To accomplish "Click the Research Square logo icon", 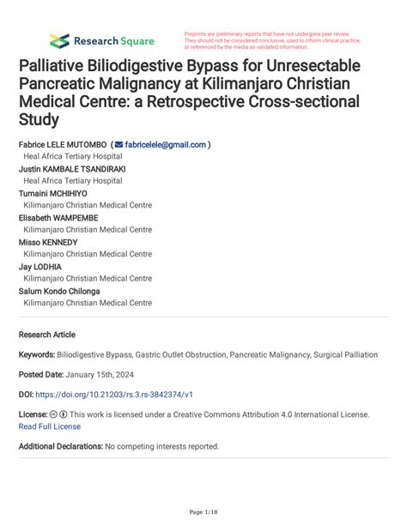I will pyautogui.click(x=59, y=40).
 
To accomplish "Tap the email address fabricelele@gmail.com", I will pyautogui.click(x=165, y=145).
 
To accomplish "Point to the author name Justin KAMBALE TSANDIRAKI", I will pyautogui.click(x=72, y=169).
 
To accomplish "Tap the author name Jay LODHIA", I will pyautogui.click(x=40, y=267).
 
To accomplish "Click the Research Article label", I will pyautogui.click(x=47, y=335).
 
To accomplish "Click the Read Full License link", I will pyautogui.click(x=49, y=426).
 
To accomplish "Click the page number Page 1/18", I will pyautogui.click(x=203, y=512).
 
